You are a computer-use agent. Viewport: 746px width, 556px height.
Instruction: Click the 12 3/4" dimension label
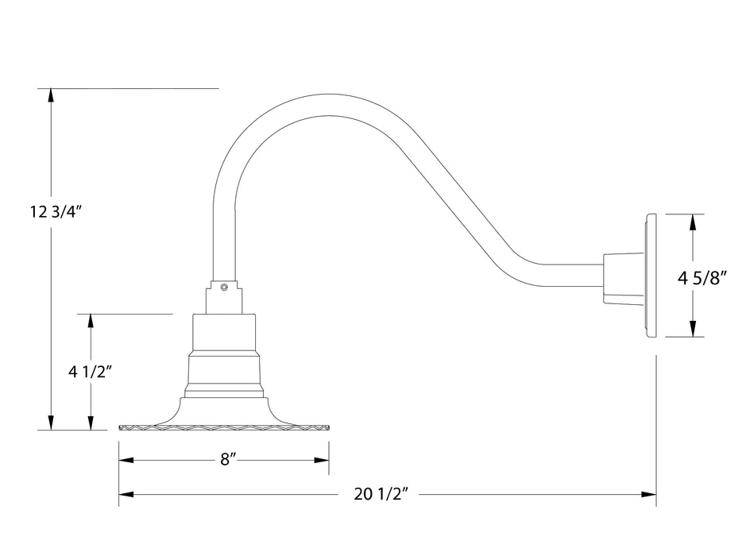pyautogui.click(x=56, y=212)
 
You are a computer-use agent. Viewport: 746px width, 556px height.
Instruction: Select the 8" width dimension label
pyautogui.click(x=229, y=460)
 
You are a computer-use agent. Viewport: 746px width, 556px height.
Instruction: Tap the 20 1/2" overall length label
pyautogui.click(x=381, y=495)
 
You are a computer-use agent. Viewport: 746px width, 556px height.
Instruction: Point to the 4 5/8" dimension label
pyautogui.click(x=703, y=278)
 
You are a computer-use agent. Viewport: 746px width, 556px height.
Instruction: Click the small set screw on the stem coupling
pyautogui.click(x=225, y=288)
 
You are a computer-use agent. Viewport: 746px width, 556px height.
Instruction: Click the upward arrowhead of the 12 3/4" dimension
pyautogui.click(x=52, y=95)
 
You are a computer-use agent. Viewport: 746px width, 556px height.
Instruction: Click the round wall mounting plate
pyautogui.click(x=651, y=275)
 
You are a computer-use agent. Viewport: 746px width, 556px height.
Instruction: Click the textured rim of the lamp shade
pyautogui.click(x=223, y=427)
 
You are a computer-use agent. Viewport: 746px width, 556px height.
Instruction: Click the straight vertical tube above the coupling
pyautogui.click(x=225, y=238)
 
